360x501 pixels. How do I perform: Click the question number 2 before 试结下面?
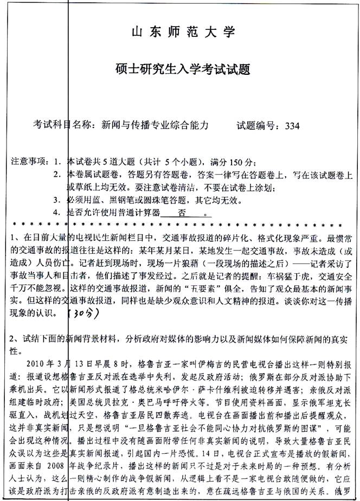(x=12, y=338)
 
